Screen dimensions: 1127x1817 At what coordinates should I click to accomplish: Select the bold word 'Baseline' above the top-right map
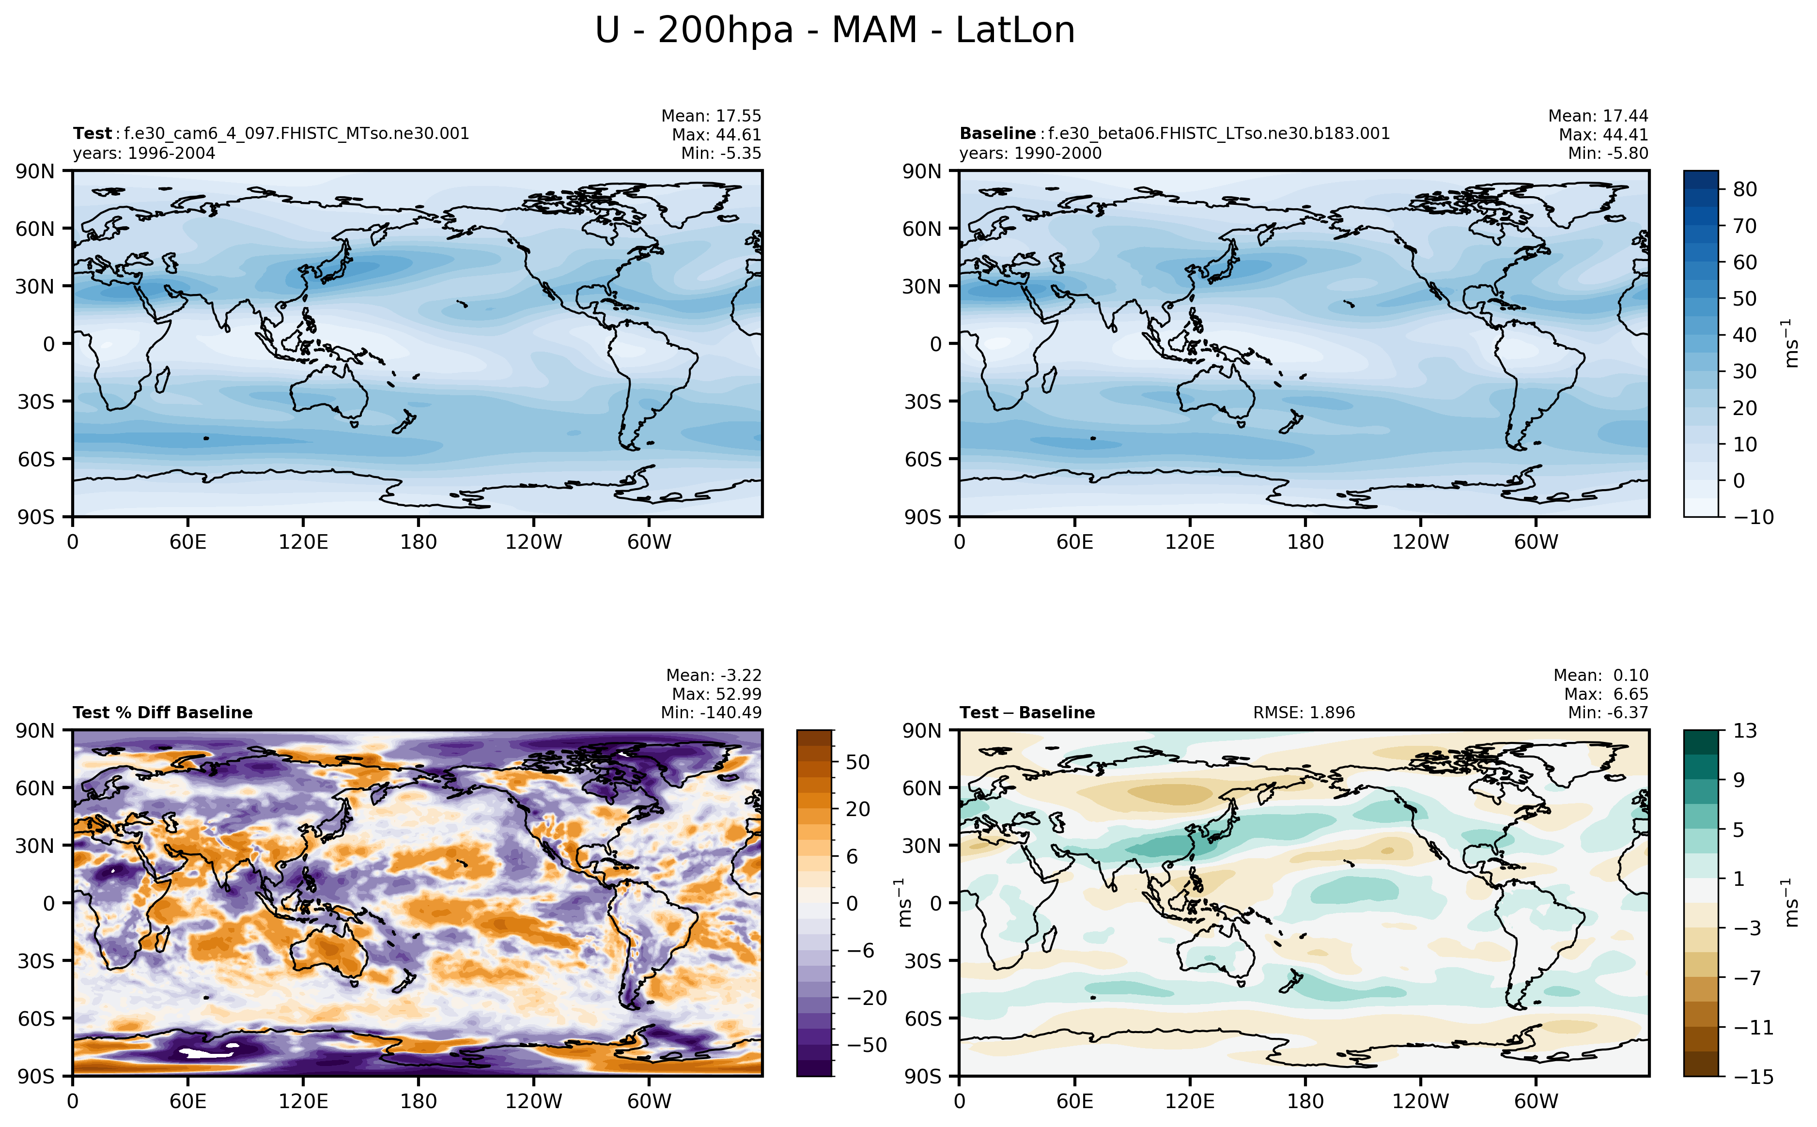coord(996,133)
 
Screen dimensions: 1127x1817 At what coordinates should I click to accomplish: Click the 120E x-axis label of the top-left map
coord(303,542)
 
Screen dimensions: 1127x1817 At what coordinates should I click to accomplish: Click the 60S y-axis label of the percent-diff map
coord(36,1018)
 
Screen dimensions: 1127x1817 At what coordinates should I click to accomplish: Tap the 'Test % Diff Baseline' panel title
coord(162,712)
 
